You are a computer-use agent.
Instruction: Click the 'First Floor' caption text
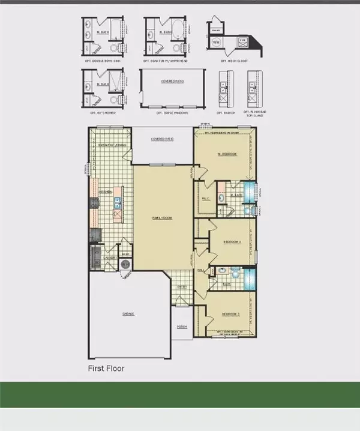(x=106, y=367)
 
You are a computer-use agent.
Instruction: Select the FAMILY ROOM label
(x=163, y=218)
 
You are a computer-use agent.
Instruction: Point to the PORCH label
(x=181, y=327)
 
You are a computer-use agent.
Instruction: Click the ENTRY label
(x=182, y=287)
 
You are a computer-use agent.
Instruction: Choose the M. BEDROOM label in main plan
(x=227, y=154)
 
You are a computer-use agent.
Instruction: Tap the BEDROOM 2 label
(x=232, y=242)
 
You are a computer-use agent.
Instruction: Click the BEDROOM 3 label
(x=230, y=314)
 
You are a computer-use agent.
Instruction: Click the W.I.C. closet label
(x=205, y=199)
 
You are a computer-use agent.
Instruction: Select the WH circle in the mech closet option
(x=215, y=43)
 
